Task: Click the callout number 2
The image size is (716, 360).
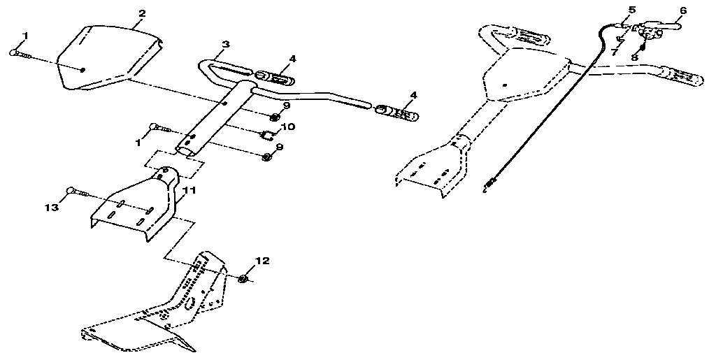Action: pos(142,13)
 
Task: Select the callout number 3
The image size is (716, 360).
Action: pos(225,44)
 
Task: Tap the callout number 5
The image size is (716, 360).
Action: pos(632,10)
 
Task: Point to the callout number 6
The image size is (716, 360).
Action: pos(683,10)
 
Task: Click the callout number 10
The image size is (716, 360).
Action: pos(289,127)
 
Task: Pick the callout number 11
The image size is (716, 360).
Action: pos(188,189)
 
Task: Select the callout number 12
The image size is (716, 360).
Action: pos(262,261)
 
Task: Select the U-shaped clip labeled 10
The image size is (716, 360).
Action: pos(268,133)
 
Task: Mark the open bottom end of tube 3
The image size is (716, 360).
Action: pos(186,150)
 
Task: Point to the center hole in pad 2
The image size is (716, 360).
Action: pos(83,69)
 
